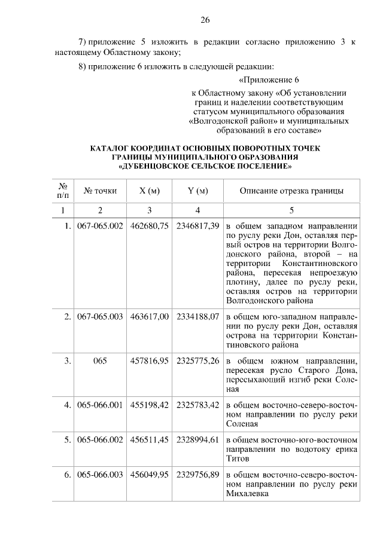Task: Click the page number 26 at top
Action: click(x=205, y=20)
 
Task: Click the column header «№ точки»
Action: click(x=100, y=191)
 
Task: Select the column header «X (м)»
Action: click(x=149, y=191)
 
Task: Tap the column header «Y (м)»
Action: click(x=197, y=191)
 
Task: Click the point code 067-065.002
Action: click(x=100, y=227)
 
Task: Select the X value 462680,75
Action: click(x=149, y=227)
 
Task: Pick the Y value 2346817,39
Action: click(x=197, y=227)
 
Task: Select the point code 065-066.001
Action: click(x=100, y=405)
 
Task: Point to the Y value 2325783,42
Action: click(x=197, y=405)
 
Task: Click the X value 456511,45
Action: click(x=149, y=439)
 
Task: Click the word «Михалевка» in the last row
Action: click(x=247, y=494)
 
